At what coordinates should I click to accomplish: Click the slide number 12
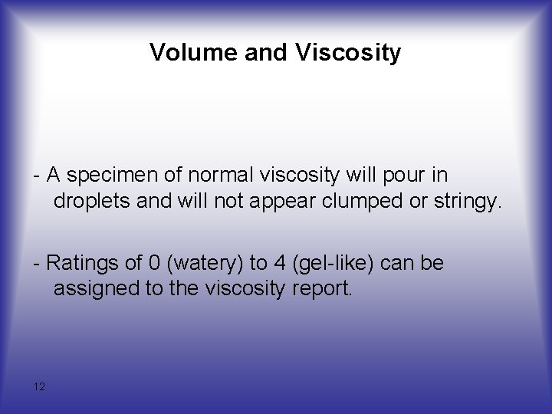click(39, 386)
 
